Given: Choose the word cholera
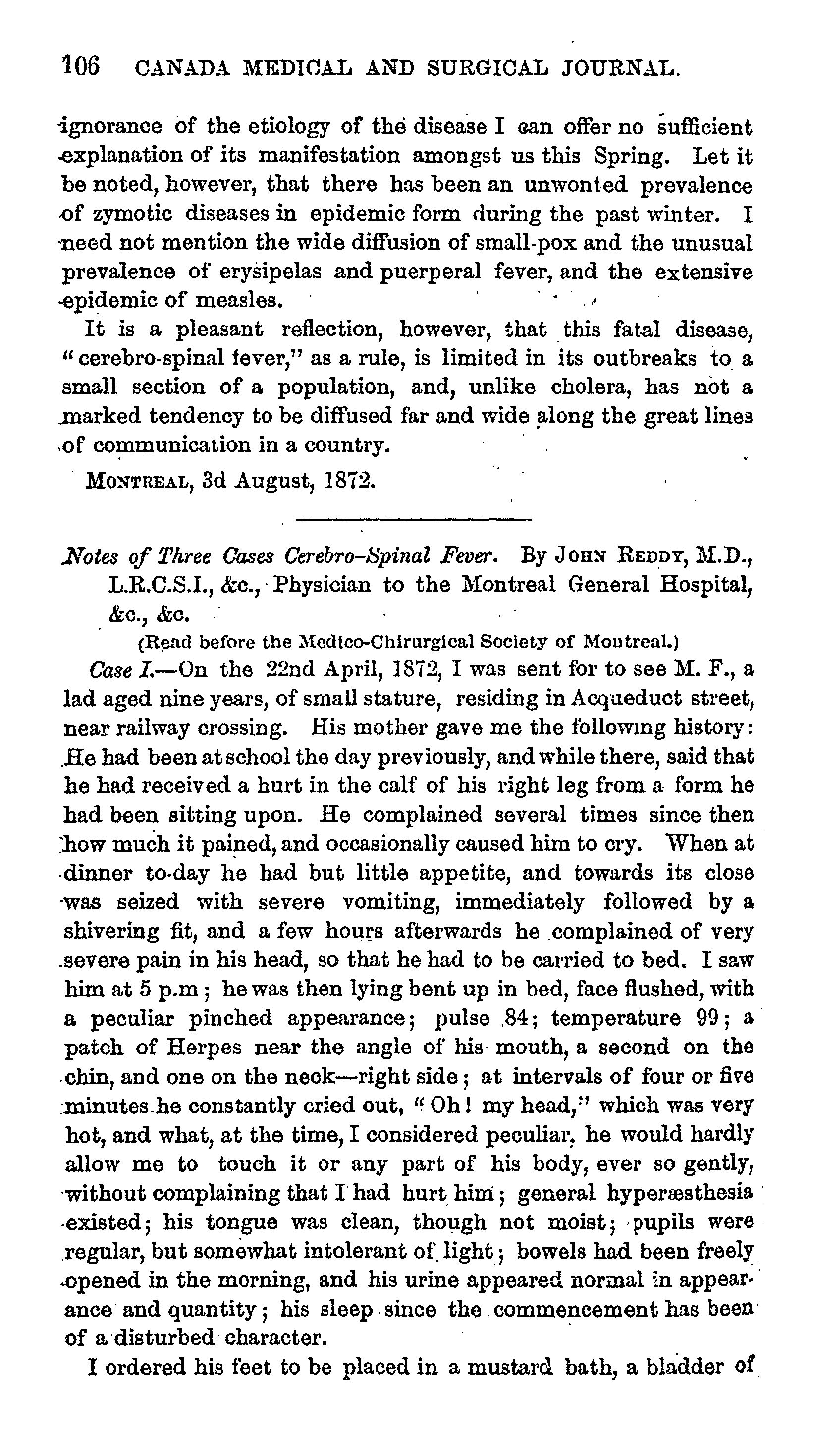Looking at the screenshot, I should point(591,387).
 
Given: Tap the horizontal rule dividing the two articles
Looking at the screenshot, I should point(413,520).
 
